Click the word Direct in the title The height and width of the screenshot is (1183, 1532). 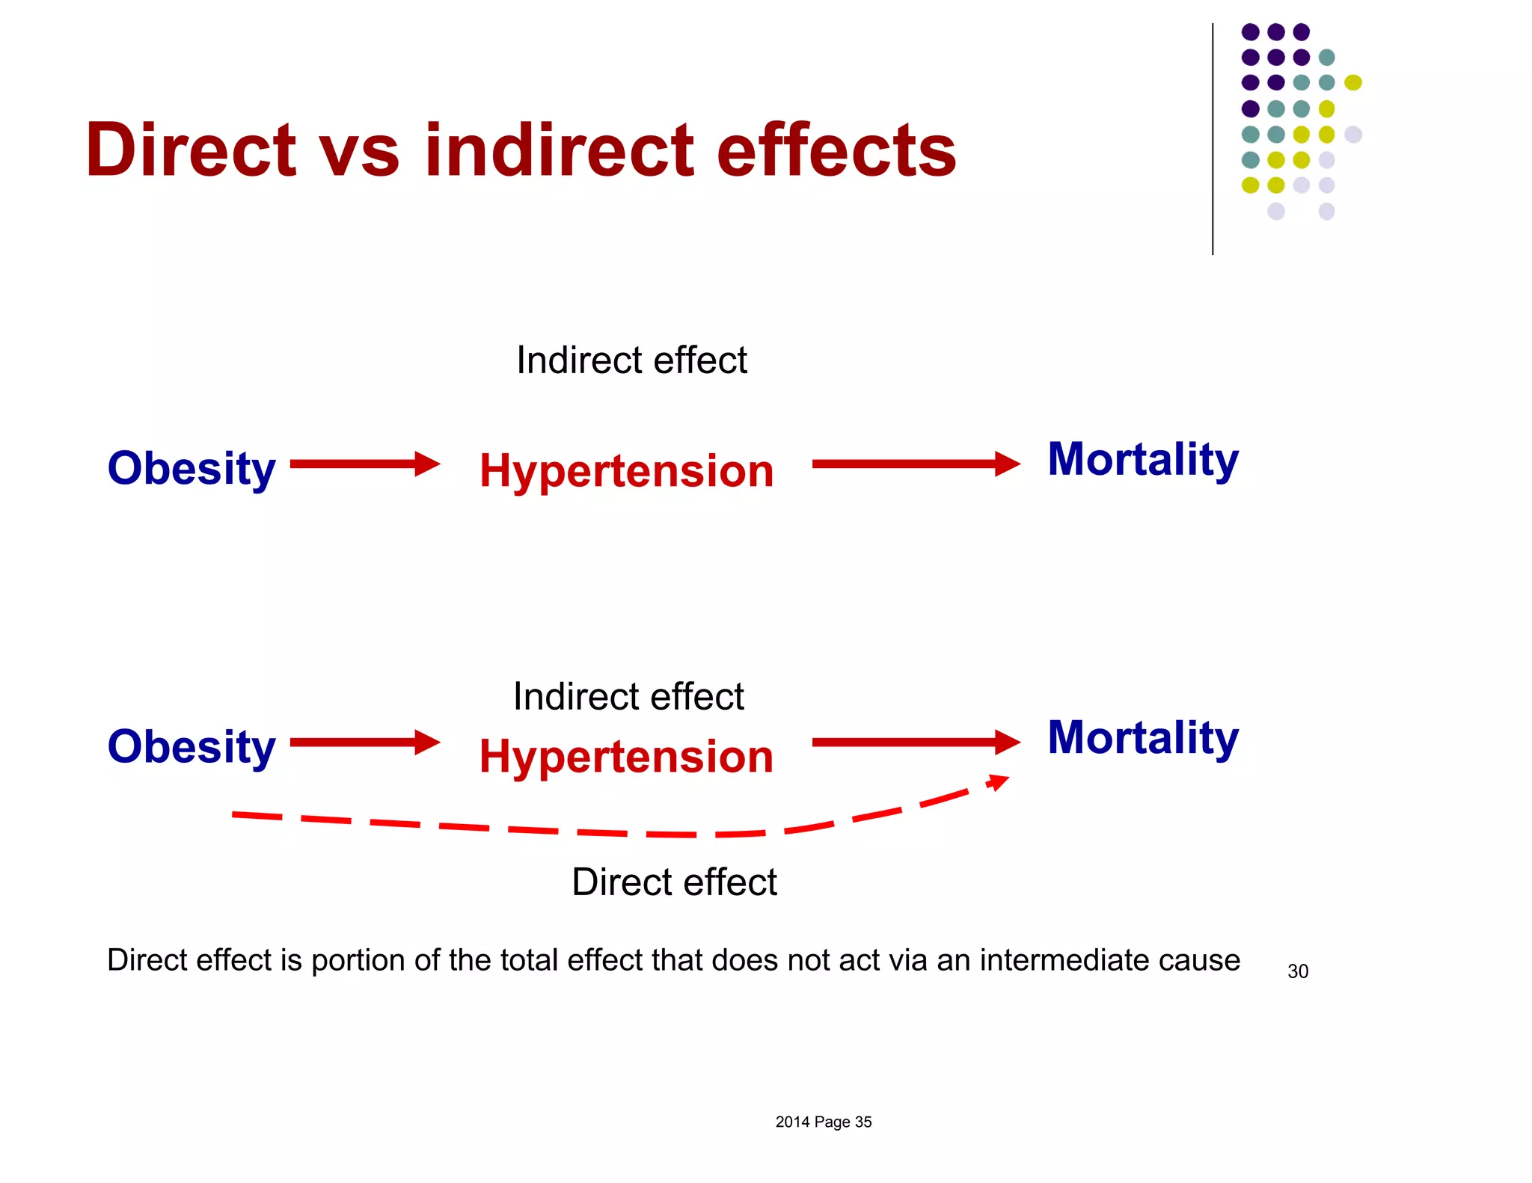tap(191, 151)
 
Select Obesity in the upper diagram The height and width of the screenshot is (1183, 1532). tap(191, 469)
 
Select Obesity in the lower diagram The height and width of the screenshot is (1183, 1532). tap(191, 747)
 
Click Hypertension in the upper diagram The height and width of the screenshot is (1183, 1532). tap(626, 472)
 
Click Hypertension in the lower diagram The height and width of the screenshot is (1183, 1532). tap(626, 757)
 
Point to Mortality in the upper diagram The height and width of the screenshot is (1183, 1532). tap(1142, 459)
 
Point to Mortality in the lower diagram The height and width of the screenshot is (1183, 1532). tap(1142, 738)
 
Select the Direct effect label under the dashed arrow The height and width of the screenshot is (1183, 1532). tap(674, 882)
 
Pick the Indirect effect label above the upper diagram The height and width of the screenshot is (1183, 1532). tap(631, 360)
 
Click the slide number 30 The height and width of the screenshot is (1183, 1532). tap(1297, 971)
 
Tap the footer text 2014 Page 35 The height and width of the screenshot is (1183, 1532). tap(823, 1122)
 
